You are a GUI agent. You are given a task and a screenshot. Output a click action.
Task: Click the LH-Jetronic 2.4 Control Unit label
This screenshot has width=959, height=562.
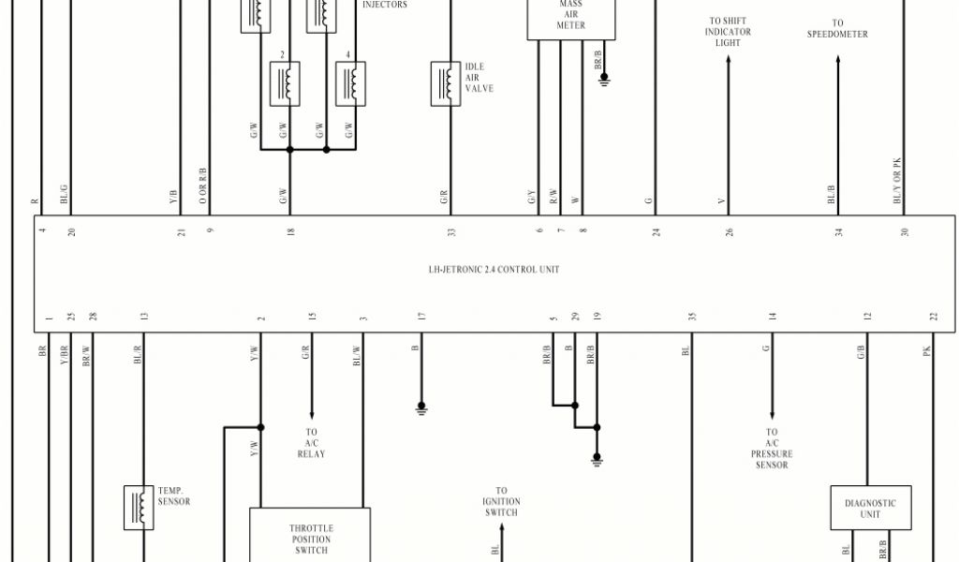point(494,269)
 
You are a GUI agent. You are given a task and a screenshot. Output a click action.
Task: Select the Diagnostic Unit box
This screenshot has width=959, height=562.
point(870,508)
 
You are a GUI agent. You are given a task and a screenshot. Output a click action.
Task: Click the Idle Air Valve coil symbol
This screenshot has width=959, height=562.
point(446,83)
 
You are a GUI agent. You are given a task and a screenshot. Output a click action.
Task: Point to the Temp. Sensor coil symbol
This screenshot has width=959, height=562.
point(139,508)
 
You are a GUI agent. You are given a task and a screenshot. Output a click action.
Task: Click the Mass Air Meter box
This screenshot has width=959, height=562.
point(571,20)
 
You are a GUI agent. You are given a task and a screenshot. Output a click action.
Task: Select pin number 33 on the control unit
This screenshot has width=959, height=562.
point(451,232)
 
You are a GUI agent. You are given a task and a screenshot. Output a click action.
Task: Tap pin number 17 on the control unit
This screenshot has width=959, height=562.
point(421,317)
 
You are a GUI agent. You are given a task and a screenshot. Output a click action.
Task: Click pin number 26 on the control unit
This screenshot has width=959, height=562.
point(729,232)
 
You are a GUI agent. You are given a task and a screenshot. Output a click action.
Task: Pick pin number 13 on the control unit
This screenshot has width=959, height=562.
point(144,317)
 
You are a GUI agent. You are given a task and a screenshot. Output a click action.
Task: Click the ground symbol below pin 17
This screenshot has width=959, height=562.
point(421,407)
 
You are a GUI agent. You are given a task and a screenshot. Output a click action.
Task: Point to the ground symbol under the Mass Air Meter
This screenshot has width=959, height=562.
point(604,80)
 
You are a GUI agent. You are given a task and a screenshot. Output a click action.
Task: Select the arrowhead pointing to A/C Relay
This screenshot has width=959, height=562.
point(312,415)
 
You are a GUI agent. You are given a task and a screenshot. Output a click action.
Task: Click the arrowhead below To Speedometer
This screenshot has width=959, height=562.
point(838,59)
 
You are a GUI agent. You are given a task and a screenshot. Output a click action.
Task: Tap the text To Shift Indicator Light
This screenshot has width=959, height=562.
point(728,32)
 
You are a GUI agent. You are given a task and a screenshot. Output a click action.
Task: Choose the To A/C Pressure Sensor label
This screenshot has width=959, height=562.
point(772,449)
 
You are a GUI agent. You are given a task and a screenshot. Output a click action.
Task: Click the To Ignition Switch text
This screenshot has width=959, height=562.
point(502,501)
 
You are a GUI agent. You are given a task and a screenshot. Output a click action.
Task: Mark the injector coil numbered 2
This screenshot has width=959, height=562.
point(285,83)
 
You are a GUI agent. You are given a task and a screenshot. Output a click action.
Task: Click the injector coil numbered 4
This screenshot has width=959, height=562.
point(350,83)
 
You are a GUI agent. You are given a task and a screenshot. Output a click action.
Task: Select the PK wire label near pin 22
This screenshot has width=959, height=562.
point(926,351)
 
